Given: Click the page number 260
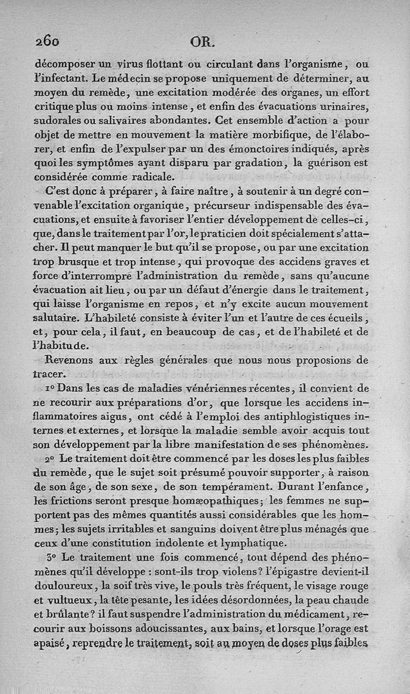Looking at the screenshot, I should tap(48, 40).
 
